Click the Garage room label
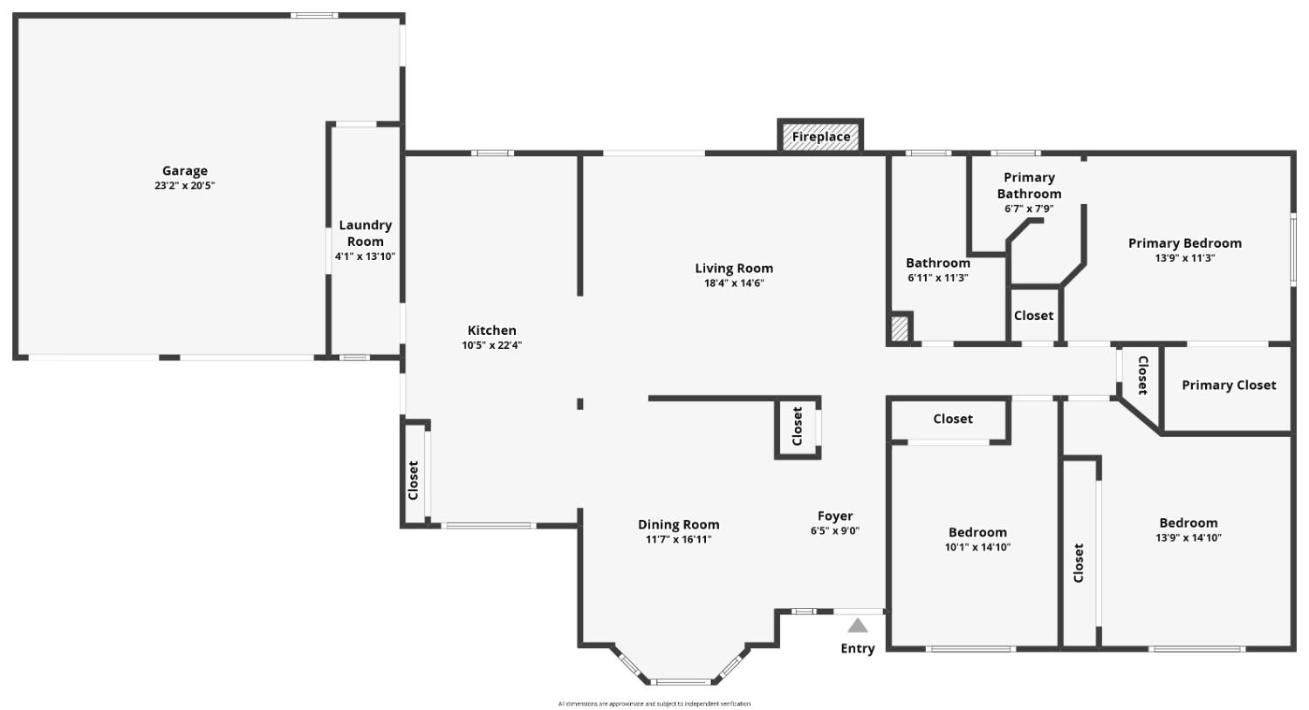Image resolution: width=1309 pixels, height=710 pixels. [x=185, y=171]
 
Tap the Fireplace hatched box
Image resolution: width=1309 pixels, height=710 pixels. [x=820, y=137]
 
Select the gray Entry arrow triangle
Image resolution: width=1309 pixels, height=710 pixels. [x=857, y=625]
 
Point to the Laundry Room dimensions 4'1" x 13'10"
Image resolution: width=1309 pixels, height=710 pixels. [x=366, y=256]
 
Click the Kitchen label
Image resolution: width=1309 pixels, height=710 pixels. [x=491, y=331]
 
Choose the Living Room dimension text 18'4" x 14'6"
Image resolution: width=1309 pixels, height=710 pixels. [x=734, y=283]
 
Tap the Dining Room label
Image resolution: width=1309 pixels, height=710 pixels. [x=678, y=524]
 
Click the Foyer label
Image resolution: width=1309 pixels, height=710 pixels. [x=835, y=516]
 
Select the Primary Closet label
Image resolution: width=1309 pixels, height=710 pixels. [x=1229, y=386]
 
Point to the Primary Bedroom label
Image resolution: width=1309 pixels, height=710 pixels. [x=1184, y=243]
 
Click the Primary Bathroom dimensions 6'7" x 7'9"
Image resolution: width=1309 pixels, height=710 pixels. [x=1029, y=208]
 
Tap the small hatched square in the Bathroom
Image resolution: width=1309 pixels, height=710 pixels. [x=900, y=328]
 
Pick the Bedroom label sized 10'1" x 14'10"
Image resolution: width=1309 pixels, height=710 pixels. [x=977, y=532]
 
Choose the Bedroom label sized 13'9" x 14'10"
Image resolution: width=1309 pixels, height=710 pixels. [x=1189, y=523]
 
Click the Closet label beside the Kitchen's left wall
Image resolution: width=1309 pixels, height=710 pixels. [x=413, y=481]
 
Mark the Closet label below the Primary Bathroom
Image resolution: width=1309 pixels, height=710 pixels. [x=1034, y=316]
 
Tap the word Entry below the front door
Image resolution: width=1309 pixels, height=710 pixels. [x=857, y=649]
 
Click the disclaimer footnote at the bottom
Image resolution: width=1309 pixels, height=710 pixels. [x=654, y=704]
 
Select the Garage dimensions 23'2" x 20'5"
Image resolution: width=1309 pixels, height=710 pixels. [x=185, y=186]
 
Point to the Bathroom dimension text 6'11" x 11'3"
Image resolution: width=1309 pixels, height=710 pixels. [x=938, y=278]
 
